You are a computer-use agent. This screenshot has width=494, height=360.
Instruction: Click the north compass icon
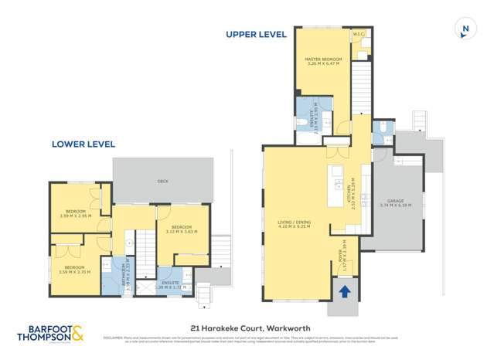coord(465,29)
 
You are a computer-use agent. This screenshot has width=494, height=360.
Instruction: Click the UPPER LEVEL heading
coord(256,34)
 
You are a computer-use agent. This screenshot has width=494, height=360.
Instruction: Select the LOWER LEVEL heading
coord(83,144)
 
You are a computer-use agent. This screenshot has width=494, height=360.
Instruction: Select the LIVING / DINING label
coord(294,224)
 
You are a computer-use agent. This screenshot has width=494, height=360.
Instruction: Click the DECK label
coord(162,181)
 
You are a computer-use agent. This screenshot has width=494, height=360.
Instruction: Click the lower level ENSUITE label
coord(171,284)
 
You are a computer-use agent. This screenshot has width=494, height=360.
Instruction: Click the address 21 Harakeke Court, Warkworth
coord(247,327)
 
